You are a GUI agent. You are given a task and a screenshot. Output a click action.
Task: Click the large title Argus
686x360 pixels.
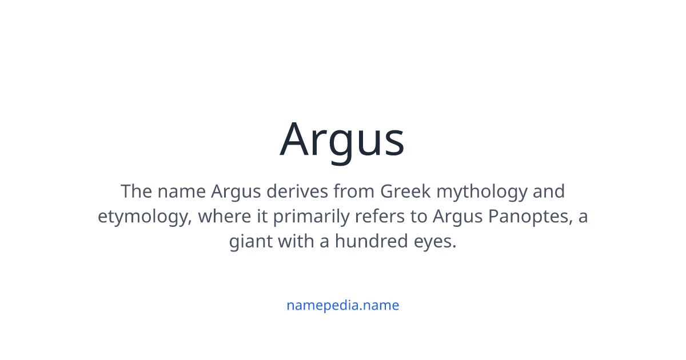[x=342, y=139]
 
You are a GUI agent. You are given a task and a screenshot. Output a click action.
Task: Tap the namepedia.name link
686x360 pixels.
[x=342, y=305]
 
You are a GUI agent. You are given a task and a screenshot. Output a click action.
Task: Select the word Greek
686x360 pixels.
[x=405, y=191]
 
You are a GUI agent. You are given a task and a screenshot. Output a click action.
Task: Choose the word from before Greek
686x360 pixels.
[x=354, y=191]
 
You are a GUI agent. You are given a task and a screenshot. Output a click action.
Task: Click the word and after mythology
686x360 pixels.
[x=548, y=191]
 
